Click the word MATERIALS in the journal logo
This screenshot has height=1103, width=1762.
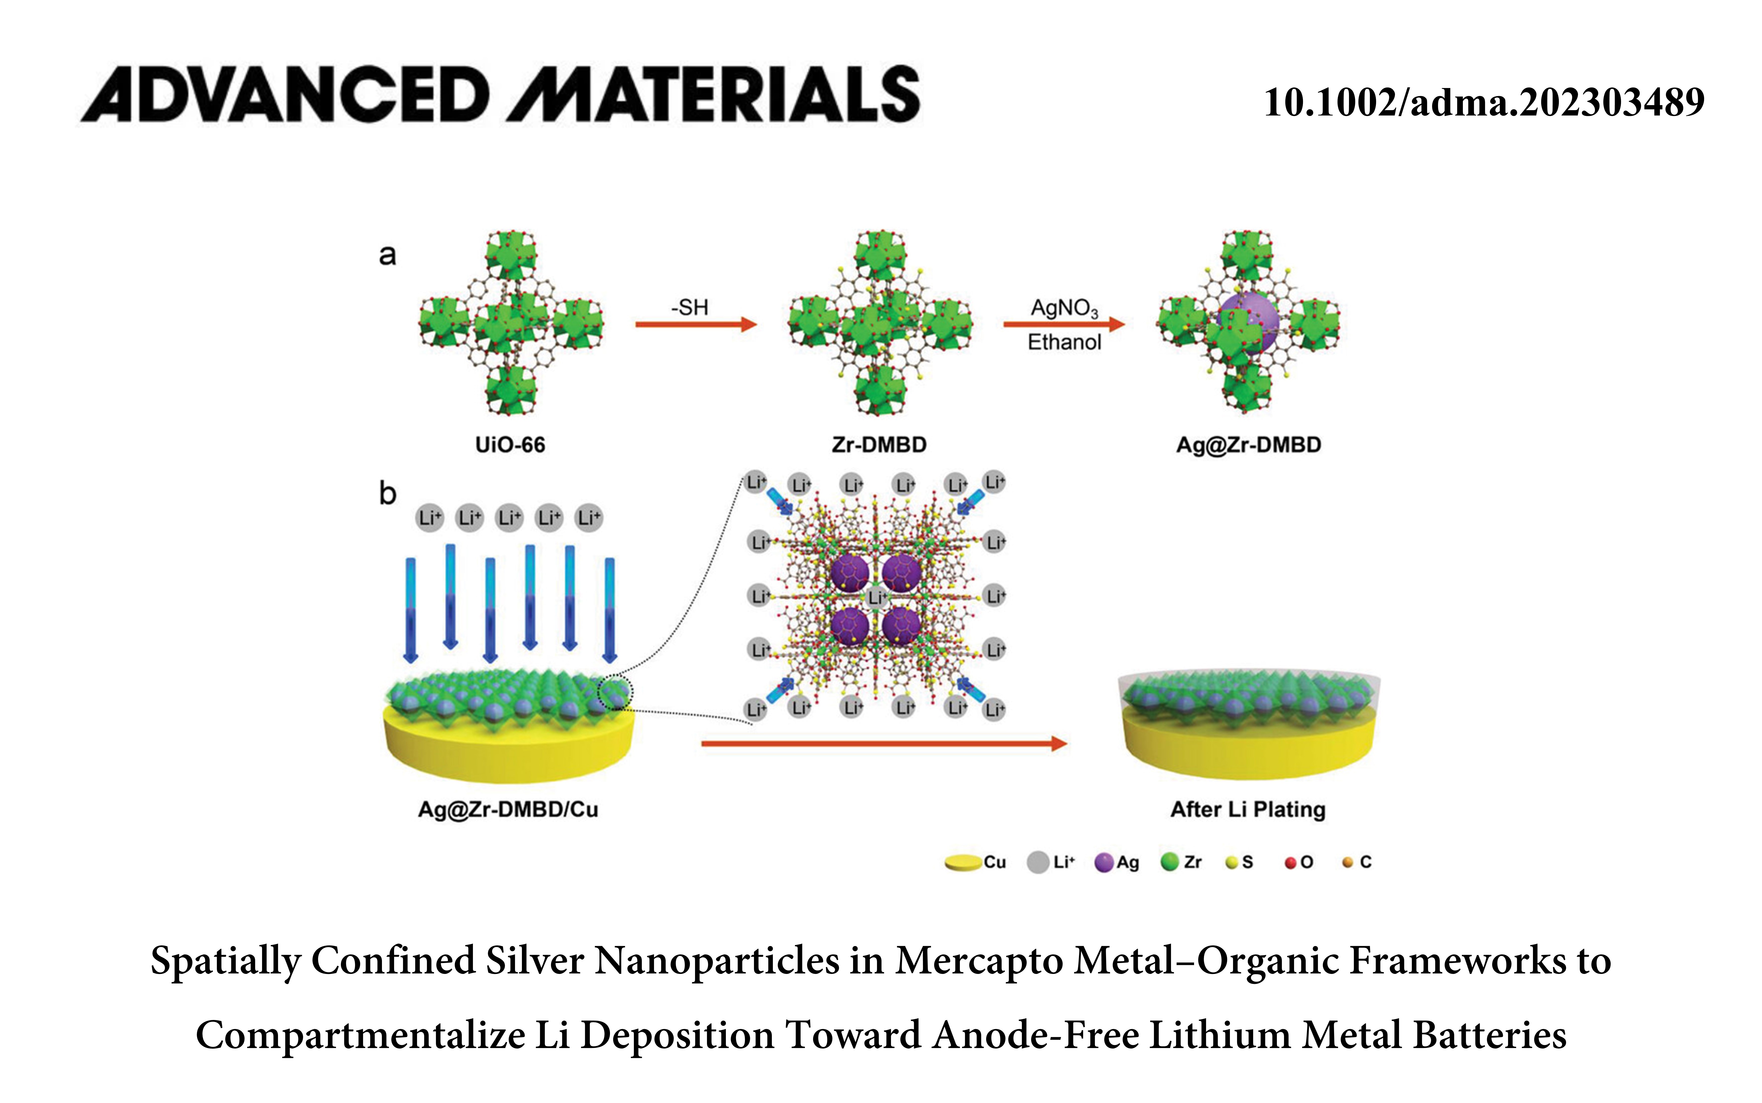pos(715,95)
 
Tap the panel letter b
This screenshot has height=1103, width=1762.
pos(387,494)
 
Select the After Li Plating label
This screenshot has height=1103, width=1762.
pos(1248,809)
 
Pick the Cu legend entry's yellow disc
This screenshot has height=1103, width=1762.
pos(963,863)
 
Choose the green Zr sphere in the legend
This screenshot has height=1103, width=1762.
pos(1169,862)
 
